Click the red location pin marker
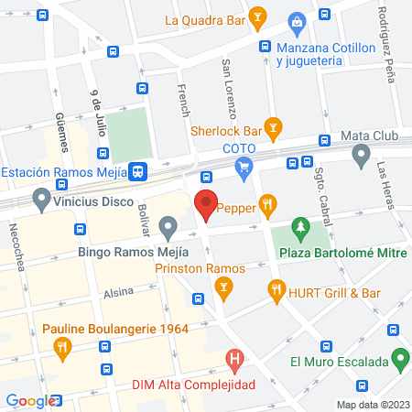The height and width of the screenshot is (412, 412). [206, 206]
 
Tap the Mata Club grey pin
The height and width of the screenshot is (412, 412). [361, 153]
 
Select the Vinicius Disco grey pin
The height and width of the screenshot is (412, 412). [40, 198]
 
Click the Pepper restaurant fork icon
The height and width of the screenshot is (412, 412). [267, 205]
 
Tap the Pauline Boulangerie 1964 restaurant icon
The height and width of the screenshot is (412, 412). [63, 347]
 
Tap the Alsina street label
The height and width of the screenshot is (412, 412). [118, 292]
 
